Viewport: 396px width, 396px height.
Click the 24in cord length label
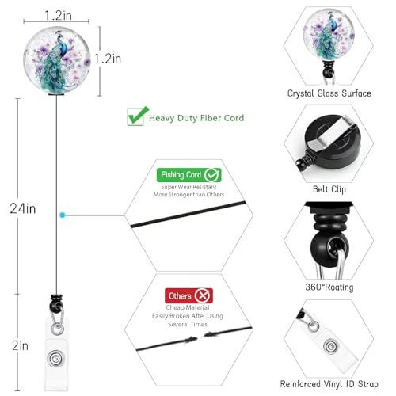click(23, 208)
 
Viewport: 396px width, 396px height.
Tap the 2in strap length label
click(20, 345)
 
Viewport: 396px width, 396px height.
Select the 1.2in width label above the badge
click(58, 15)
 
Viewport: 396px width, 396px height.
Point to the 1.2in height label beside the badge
click(108, 59)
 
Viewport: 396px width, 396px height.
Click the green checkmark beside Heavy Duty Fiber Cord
click(138, 116)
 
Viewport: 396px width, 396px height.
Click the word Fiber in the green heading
click(209, 118)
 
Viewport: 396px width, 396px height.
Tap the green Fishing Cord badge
click(189, 175)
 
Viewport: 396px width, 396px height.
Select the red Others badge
click(188, 295)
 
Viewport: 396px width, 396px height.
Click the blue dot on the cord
click(63, 215)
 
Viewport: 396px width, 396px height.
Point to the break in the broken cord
click(200, 337)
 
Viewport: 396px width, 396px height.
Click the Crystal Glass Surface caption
click(329, 93)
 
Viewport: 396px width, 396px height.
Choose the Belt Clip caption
click(329, 189)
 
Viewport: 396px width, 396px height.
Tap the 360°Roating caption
click(329, 287)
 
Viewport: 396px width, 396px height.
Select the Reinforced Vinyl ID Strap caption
click(329, 384)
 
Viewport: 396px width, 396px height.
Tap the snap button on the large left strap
click(55, 359)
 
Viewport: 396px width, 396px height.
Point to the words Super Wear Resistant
click(188, 187)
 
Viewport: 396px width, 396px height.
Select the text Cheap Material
click(188, 307)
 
